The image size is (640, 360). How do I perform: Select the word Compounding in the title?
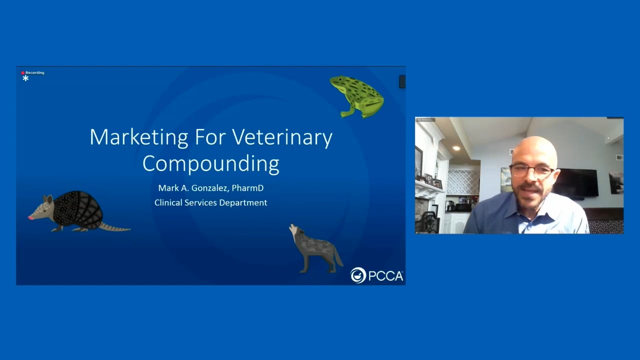coord(210,163)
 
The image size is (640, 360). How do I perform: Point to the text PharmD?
coord(247,188)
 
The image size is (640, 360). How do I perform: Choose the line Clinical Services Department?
coord(210,202)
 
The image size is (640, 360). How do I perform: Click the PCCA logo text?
coord(385,275)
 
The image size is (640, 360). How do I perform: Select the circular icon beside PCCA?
coord(358,275)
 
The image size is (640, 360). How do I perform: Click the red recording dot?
coord(23,73)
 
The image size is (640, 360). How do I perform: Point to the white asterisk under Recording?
coord(25,78)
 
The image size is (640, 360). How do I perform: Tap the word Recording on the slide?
coord(35,73)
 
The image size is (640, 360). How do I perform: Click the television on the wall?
coord(576,182)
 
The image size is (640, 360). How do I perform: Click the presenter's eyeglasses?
coord(531,170)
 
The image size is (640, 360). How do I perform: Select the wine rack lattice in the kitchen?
coord(462,181)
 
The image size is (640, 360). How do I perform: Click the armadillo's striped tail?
coord(115,228)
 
